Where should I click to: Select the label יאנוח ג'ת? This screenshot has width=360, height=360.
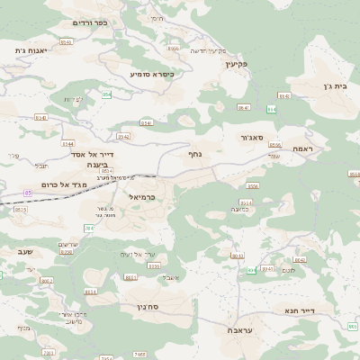click(x=31, y=50)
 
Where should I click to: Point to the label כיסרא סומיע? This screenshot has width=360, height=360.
click(x=152, y=73)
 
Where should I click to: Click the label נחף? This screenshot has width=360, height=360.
click(x=195, y=155)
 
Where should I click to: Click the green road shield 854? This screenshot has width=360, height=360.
click(x=106, y=94)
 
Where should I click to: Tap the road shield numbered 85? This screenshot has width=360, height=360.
click(x=28, y=193)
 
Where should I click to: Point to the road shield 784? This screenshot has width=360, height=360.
click(x=88, y=229)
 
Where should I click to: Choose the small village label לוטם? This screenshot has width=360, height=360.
click(x=289, y=270)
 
